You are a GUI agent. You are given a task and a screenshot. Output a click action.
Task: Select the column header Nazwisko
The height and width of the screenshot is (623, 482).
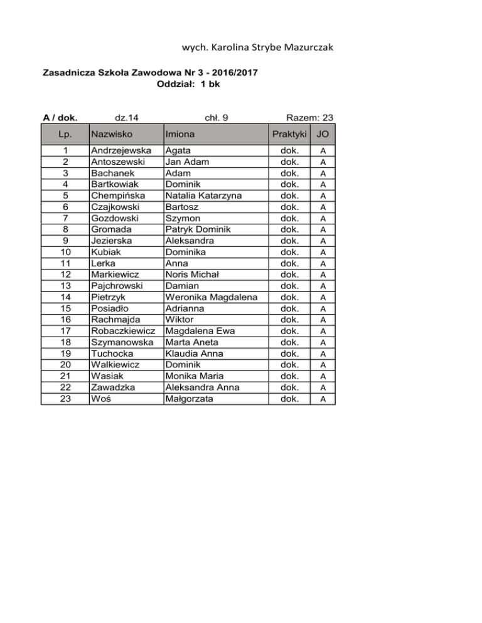pos(110,134)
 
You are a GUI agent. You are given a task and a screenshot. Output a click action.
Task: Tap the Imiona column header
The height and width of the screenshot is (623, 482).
pos(179,134)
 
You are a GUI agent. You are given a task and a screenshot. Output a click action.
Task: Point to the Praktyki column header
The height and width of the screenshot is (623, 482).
pos(289,134)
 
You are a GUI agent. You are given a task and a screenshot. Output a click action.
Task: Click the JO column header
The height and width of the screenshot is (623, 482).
pos(323,134)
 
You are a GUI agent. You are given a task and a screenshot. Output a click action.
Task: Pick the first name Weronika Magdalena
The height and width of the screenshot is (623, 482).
pos(212,298)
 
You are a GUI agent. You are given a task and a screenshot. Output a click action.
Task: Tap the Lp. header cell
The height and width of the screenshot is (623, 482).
pos(65,134)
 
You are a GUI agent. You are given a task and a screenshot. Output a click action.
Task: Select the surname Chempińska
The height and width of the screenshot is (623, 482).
pos(119,196)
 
